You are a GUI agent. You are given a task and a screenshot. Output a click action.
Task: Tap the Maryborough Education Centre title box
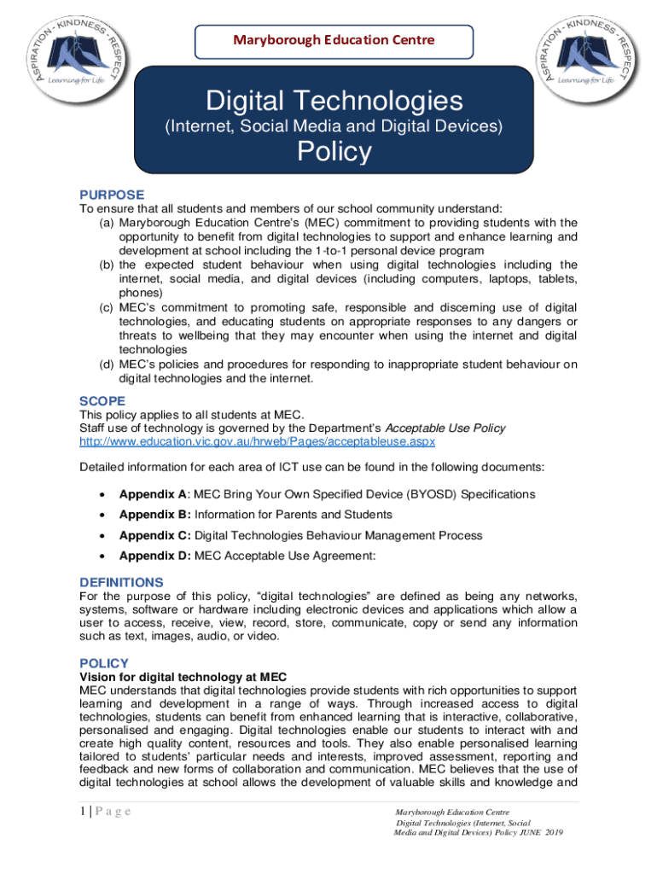[x=334, y=40]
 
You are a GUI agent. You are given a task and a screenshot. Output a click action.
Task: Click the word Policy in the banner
[x=334, y=152]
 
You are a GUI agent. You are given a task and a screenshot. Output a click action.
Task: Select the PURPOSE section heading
[x=112, y=195]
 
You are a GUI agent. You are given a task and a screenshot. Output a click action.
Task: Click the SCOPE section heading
[x=102, y=401]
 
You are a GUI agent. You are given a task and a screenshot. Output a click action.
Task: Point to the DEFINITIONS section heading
[x=121, y=582]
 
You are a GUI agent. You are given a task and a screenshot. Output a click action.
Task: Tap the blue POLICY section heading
[x=103, y=663]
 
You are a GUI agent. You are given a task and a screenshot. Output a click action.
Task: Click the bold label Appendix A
[x=153, y=494]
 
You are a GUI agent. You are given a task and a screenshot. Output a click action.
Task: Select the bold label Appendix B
[x=154, y=515]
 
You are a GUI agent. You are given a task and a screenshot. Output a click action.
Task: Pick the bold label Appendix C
[x=154, y=535]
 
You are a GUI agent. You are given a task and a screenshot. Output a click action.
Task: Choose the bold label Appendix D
[x=154, y=556]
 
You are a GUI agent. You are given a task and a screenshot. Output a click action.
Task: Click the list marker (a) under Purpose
[x=107, y=223]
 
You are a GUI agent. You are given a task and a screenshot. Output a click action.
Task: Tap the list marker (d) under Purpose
[x=107, y=364]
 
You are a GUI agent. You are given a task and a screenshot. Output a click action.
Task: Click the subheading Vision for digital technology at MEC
[x=183, y=677]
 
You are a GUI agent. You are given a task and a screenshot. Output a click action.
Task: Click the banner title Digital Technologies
[x=334, y=103]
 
